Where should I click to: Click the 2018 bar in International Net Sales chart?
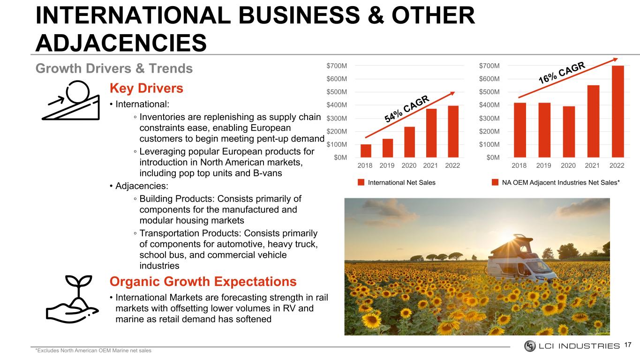click(366, 151)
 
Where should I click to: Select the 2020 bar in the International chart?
click(409, 142)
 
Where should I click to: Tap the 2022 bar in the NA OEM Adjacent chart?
click(617, 112)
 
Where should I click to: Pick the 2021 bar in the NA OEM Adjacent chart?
click(593, 121)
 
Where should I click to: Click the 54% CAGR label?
click(407, 109)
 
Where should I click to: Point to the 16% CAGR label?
click(562, 73)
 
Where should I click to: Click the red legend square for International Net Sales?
click(361, 182)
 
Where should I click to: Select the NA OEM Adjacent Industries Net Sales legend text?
click(561, 182)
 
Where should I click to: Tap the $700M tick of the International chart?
click(337, 66)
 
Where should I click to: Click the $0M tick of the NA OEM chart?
click(493, 157)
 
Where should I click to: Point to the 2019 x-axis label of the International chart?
click(387, 165)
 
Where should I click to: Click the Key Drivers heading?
click(146, 88)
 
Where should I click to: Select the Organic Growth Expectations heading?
click(203, 281)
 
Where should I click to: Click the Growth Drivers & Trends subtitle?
click(114, 68)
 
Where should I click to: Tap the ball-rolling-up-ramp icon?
click(71, 100)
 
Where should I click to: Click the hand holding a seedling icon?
click(72, 299)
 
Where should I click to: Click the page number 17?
click(627, 345)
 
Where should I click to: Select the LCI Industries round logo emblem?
click(530, 346)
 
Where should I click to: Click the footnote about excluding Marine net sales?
click(93, 351)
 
